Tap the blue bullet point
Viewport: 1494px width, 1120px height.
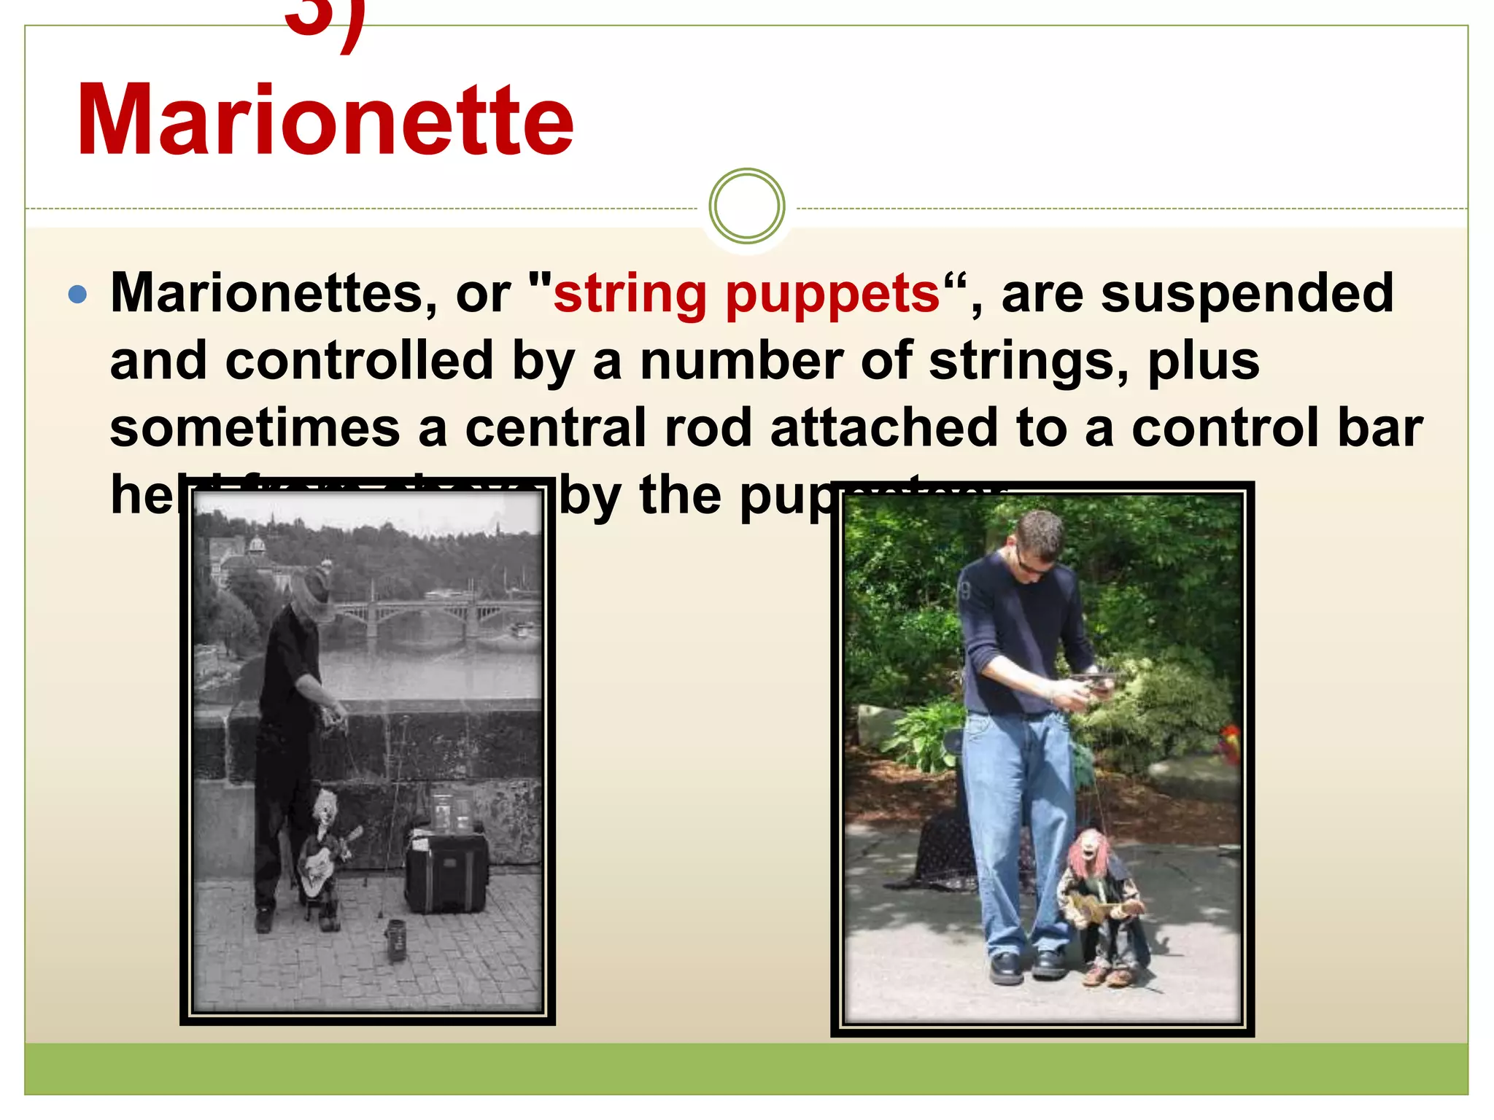tap(77, 295)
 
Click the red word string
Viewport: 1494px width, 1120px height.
tap(630, 295)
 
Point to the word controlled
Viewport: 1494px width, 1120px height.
tap(360, 361)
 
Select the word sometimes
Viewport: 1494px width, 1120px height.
tap(255, 429)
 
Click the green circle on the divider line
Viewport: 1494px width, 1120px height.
tap(746, 206)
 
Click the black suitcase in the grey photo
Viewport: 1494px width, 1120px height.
tap(446, 871)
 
